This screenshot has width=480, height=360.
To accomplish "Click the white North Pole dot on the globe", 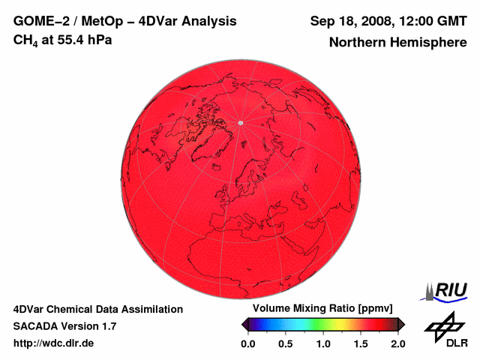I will click(x=240, y=122).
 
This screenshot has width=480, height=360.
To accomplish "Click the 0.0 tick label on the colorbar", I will click(x=247, y=343).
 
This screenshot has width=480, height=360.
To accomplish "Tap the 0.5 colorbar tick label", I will click(x=285, y=343).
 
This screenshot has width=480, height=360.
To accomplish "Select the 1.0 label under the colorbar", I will click(x=322, y=343).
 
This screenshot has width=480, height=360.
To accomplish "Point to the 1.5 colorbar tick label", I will click(x=360, y=343).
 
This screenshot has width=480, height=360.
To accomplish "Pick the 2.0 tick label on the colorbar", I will click(x=397, y=343).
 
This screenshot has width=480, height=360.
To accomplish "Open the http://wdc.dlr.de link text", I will click(x=54, y=343).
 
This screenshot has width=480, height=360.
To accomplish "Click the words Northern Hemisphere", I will click(x=397, y=43).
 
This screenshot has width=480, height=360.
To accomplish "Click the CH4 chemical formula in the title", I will click(x=26, y=40).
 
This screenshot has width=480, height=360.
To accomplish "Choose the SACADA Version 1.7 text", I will click(x=64, y=326).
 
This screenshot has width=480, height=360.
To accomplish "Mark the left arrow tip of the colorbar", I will click(x=243, y=324).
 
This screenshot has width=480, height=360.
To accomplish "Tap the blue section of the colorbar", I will click(x=262, y=324).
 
